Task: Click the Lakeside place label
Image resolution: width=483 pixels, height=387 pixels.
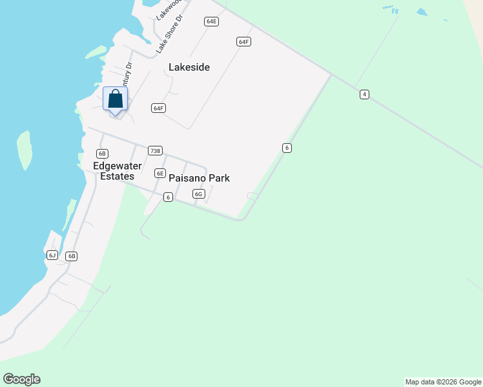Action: coord(189,67)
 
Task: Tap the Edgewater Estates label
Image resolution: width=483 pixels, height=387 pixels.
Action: coord(114,171)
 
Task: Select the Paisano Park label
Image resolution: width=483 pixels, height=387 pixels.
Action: coord(199,178)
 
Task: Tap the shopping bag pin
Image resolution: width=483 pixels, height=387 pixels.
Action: coord(116,100)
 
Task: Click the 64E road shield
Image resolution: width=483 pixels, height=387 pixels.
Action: coord(211,21)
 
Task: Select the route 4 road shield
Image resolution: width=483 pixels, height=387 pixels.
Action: coord(364,95)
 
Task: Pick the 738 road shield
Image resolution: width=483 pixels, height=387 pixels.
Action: coord(154,151)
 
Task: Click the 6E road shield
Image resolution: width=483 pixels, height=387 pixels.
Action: coord(160,173)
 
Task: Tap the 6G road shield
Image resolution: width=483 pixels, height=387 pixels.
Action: coord(198,194)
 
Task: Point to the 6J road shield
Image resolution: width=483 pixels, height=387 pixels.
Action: coord(52,255)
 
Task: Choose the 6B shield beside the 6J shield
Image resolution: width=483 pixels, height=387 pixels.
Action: coord(71,256)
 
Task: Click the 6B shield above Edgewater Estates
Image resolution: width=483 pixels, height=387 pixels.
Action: coord(101,154)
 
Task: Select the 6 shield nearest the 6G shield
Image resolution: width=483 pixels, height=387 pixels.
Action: coord(168,197)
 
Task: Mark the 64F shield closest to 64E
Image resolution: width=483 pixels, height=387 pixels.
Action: coord(243,42)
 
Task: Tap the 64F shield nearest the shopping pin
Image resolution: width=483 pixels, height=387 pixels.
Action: coord(158,108)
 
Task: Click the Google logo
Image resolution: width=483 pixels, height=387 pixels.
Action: coord(21,379)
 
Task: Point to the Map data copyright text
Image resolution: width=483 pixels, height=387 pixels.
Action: coord(443,382)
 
